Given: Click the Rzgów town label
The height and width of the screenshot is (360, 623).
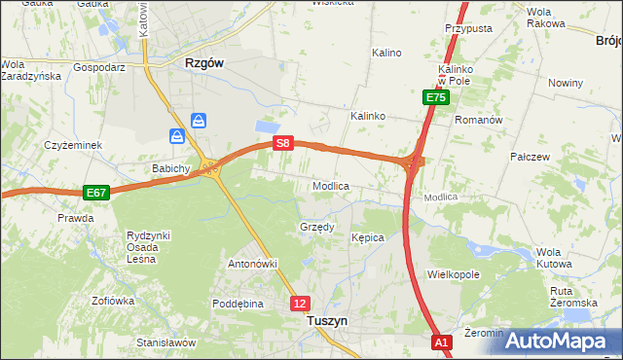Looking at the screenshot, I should [204, 62].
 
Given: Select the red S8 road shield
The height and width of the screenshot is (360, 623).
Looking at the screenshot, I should [282, 143].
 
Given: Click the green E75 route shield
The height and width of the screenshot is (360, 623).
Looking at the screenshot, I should [435, 97].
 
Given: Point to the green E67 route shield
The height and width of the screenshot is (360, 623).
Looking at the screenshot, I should [95, 193].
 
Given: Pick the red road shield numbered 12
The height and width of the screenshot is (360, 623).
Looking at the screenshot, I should [300, 304].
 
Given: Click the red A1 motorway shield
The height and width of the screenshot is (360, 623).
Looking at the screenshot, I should [442, 342].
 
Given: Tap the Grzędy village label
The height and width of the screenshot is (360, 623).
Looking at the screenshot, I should [315, 228].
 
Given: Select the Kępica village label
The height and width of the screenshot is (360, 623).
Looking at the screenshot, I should [368, 237].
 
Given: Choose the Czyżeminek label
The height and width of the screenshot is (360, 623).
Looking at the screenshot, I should [72, 145].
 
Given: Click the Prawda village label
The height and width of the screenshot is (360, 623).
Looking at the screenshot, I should [75, 218].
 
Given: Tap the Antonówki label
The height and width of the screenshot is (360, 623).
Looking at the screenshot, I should [253, 264].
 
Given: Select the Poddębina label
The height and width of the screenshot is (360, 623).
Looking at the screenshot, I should [238, 304].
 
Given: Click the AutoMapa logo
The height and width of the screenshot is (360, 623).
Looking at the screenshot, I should [559, 341].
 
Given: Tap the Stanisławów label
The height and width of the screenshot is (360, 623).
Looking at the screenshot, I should [166, 342].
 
